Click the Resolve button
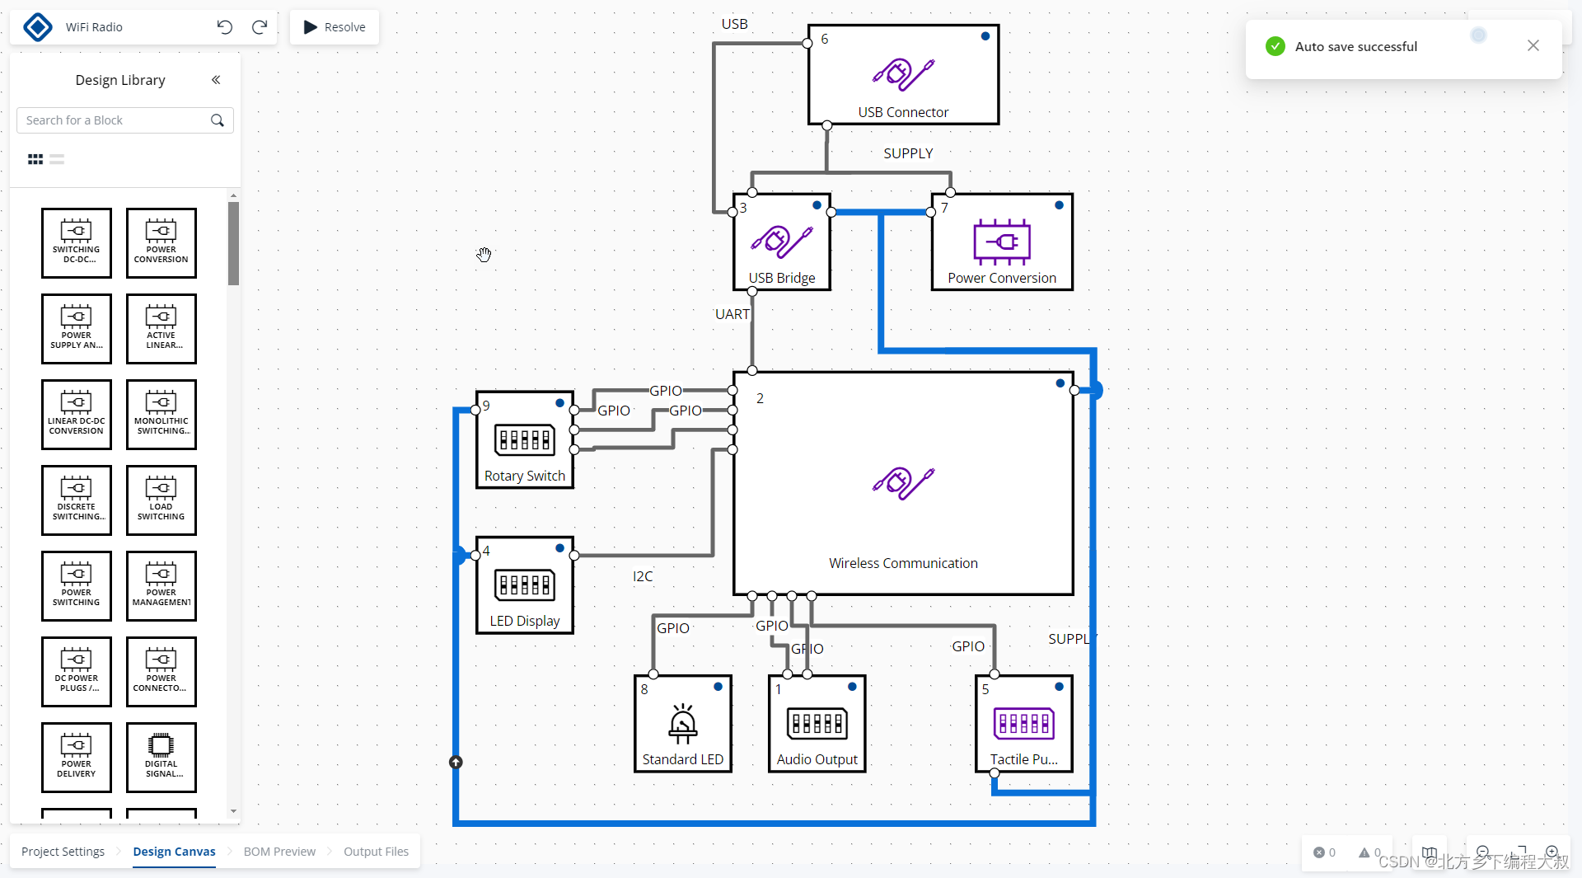pyautogui.click(x=335, y=27)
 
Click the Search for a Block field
pyautogui.click(x=115, y=120)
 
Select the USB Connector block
pyautogui.click(x=903, y=75)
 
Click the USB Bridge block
pyautogui.click(x=781, y=242)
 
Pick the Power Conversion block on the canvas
pyautogui.click(x=1001, y=242)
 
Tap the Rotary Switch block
pyautogui.click(x=524, y=440)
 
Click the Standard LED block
pyautogui.click(x=682, y=724)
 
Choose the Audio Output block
pyautogui.click(x=817, y=724)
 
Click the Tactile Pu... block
pyautogui.click(x=1023, y=724)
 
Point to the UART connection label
pyautogui.click(x=732, y=314)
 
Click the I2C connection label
pyautogui.click(x=643, y=576)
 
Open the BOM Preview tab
pyautogui.click(x=279, y=852)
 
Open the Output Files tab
pyautogui.click(x=376, y=852)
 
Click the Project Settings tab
pyautogui.click(x=63, y=852)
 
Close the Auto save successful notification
pyautogui.click(x=1533, y=46)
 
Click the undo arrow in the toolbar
pyautogui.click(x=225, y=27)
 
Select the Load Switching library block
pyautogui.click(x=161, y=500)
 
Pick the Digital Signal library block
pyautogui.click(x=161, y=757)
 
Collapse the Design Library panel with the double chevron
pyautogui.click(x=216, y=80)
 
